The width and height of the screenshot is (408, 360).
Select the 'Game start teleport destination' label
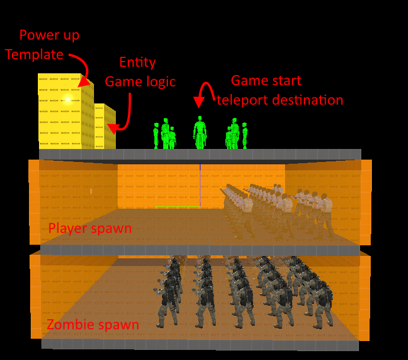click(x=279, y=90)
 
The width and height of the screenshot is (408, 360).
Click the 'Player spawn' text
click(x=90, y=228)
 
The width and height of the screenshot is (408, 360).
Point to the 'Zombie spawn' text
click(x=93, y=325)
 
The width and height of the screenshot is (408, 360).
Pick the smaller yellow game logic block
click(x=105, y=127)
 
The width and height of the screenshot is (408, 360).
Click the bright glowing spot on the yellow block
click(x=67, y=98)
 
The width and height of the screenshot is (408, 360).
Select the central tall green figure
click(x=200, y=132)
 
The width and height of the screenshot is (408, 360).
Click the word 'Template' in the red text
click(x=34, y=54)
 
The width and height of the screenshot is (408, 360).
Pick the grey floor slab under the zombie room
click(x=200, y=344)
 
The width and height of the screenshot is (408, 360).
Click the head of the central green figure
click(x=200, y=119)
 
